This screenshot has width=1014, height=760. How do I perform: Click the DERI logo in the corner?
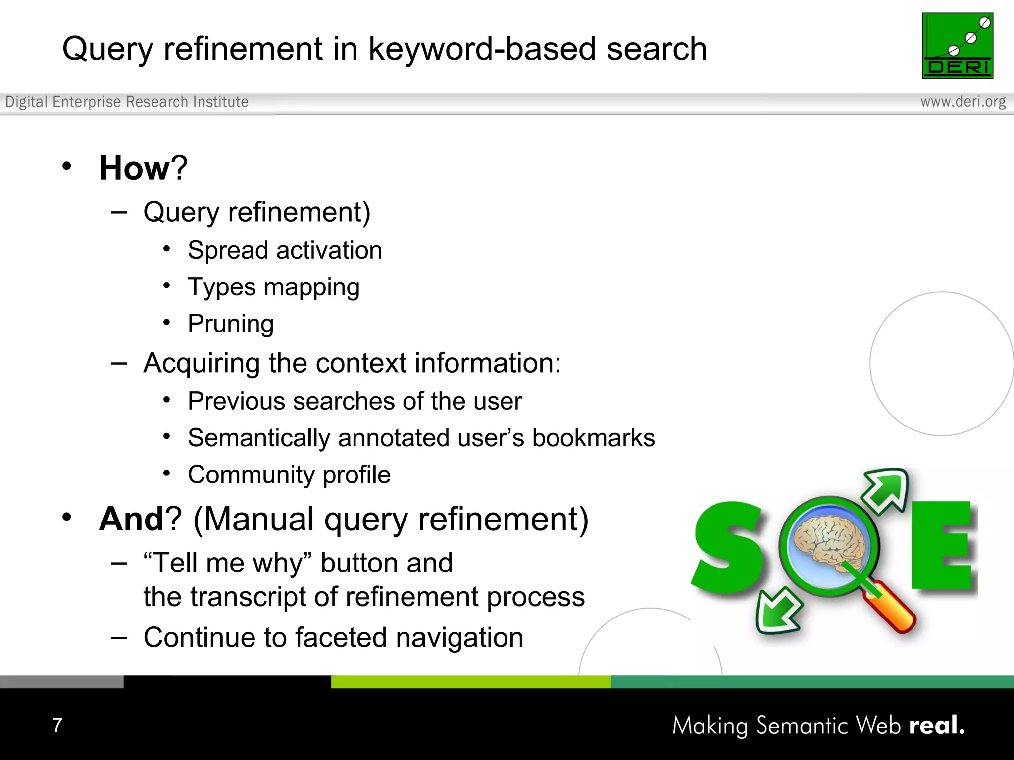pos(957,46)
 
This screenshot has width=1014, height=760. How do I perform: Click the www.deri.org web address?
pos(963,102)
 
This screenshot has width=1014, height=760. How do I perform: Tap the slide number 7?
pos(57,725)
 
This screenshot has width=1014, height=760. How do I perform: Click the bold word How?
pos(135,168)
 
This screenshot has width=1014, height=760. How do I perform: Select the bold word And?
pos(131,519)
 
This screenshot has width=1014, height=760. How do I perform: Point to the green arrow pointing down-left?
pos(777,611)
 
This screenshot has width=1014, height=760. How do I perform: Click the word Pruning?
pos(231,324)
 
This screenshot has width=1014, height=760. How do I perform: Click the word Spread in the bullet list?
pos(228,251)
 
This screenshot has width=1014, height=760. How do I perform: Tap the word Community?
pos(251,475)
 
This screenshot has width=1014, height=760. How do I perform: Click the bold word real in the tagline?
pos(936,725)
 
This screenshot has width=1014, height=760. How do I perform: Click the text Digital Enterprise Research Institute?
pos(127,102)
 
